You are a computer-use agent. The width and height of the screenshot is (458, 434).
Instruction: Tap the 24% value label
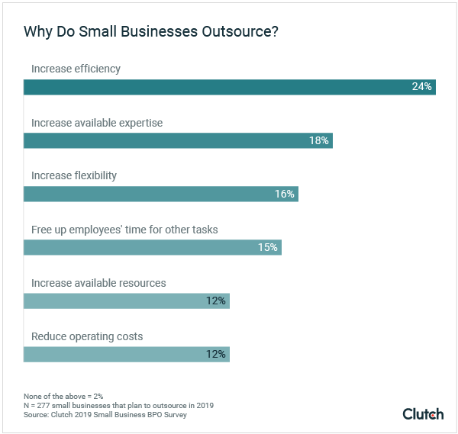[x=421, y=87]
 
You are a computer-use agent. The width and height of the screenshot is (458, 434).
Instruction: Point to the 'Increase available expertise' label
[x=97, y=123]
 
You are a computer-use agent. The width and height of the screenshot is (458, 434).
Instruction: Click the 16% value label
[x=285, y=194]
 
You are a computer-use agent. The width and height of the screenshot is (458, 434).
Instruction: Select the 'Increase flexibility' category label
[x=74, y=176]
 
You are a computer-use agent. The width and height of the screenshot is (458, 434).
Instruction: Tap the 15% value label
[x=267, y=247]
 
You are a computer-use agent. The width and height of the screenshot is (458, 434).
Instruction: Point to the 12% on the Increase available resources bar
[x=216, y=301]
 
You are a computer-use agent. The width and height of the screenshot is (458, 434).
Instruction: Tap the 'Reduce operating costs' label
[x=87, y=336]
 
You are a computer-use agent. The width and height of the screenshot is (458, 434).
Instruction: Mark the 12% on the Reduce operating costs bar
[x=216, y=354]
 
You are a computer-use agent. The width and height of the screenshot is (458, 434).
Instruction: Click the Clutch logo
[x=423, y=413]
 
